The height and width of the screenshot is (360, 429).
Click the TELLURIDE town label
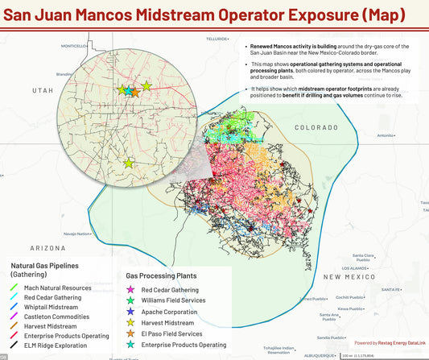pos(217,39)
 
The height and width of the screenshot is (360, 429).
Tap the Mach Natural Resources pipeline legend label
pos(57,288)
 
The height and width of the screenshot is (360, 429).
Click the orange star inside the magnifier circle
pos(135,92)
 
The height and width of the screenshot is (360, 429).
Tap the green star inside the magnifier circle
pos(122,90)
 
